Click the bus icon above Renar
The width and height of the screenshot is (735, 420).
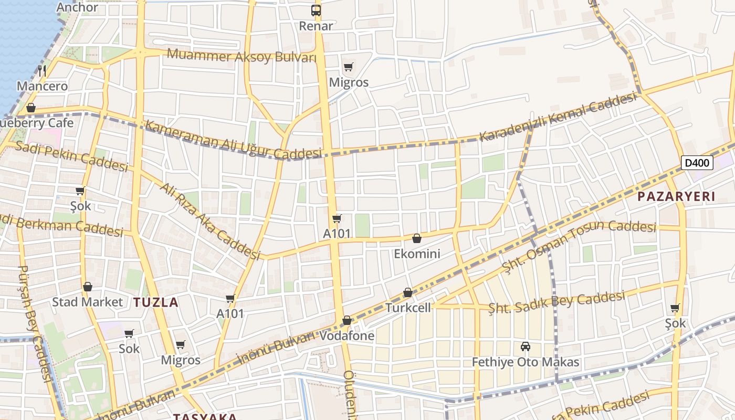(316, 10)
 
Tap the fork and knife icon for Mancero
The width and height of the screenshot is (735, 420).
(43, 70)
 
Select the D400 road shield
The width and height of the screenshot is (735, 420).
(698, 163)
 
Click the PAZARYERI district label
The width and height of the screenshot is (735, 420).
(676, 197)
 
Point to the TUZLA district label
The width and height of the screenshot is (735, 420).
(155, 302)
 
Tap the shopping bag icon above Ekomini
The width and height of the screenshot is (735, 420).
(417, 239)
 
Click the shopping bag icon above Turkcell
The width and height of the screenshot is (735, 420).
(408, 292)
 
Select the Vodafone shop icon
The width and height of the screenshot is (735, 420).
(347, 320)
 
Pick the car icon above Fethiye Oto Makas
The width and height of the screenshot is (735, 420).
(525, 346)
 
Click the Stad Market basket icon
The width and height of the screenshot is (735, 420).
(88, 287)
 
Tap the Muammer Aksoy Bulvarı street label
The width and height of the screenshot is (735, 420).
(241, 55)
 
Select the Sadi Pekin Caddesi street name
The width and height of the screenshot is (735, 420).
(71, 156)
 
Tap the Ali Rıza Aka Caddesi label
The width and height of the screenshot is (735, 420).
(210, 220)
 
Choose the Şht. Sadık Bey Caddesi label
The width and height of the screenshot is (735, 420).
(556, 301)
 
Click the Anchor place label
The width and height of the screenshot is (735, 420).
(77, 7)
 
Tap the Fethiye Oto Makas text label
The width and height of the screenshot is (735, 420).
(526, 362)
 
